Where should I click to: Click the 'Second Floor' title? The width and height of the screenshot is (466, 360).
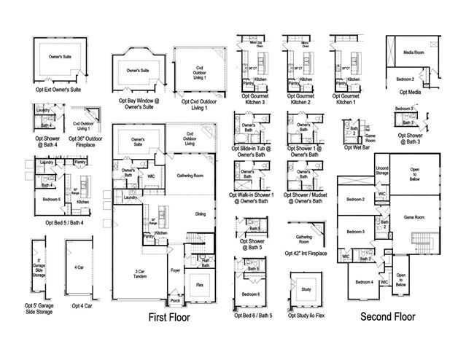388,317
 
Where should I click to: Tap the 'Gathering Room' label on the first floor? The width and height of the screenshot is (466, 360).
190,176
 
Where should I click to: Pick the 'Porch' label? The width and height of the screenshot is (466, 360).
175,300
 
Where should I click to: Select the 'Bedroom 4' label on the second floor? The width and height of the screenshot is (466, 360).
364,281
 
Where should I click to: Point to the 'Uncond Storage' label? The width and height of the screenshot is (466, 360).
381,173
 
